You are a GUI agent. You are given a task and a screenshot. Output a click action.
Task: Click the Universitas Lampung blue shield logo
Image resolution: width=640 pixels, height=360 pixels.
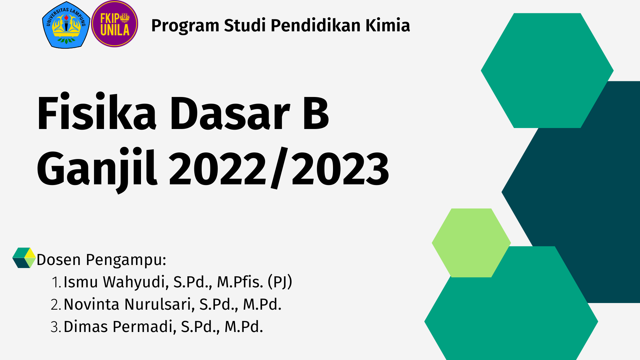pyautogui.click(x=66, y=25)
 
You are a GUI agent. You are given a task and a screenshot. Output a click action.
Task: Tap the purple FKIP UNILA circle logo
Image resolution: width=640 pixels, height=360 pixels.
pyautogui.click(x=115, y=24)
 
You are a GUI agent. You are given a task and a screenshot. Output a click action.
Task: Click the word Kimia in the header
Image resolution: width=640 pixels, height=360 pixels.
pyautogui.click(x=388, y=25)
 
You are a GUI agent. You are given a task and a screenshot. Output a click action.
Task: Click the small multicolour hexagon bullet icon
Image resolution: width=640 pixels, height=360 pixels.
pyautogui.click(x=24, y=258)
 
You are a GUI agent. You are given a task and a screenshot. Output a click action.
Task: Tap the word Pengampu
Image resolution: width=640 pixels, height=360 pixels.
pyautogui.click(x=126, y=260)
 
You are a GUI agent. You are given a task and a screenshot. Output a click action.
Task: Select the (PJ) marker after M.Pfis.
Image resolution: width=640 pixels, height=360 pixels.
pyautogui.click(x=280, y=282)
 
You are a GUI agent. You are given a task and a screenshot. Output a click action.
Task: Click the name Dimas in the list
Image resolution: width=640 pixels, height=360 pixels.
pyautogui.click(x=86, y=327)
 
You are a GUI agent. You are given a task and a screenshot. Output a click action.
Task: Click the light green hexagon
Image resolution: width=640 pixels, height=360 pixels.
pyautogui.click(x=471, y=243)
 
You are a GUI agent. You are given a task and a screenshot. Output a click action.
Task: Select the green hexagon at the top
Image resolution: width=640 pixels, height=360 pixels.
pyautogui.click(x=547, y=70)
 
